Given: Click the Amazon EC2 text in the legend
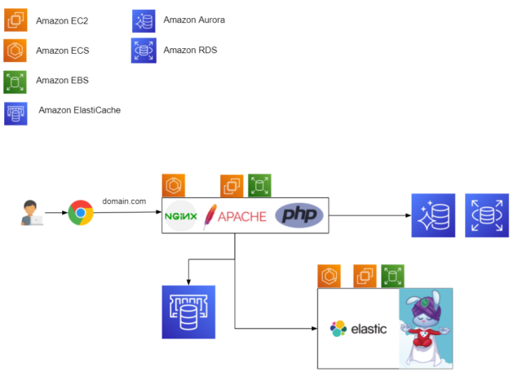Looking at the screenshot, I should click(62, 19).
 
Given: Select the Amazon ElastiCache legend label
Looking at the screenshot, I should click(80, 109).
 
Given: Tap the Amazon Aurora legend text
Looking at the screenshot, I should click(193, 19).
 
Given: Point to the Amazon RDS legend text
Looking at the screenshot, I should click(189, 50).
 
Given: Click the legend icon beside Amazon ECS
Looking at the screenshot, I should click(16, 50).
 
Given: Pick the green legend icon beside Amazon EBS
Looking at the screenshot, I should click(16, 81).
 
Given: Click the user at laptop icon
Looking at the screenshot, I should click(32, 213).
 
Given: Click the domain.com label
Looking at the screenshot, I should click(124, 201).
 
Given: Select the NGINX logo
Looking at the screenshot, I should click(181, 216).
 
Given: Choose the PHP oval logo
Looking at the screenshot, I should click(299, 215).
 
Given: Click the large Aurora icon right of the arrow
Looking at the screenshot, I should click(433, 215).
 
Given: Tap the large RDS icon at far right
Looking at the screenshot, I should click(487, 215).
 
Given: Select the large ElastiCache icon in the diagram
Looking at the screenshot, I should click(188, 312).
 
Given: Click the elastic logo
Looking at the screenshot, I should click(359, 329).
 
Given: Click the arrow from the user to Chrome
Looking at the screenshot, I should click(55, 214).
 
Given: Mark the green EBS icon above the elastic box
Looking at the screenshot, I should click(393, 276).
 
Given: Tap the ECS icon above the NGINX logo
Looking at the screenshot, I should click(174, 185).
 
